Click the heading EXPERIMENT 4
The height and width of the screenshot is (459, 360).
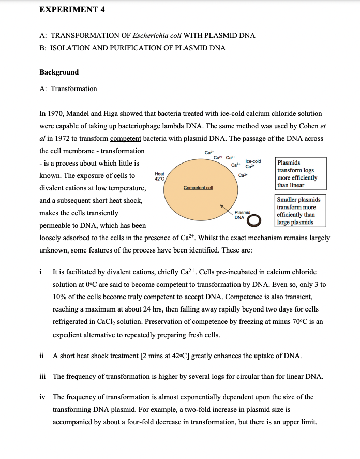[73, 9]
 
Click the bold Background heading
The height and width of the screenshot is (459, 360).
[59, 72]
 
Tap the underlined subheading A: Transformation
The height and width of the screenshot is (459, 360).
[68, 89]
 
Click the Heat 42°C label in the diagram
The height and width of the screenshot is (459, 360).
[159, 176]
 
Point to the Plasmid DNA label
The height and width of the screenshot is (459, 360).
[242, 215]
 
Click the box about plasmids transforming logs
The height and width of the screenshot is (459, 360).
[301, 174]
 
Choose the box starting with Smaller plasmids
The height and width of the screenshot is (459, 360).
[301, 211]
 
